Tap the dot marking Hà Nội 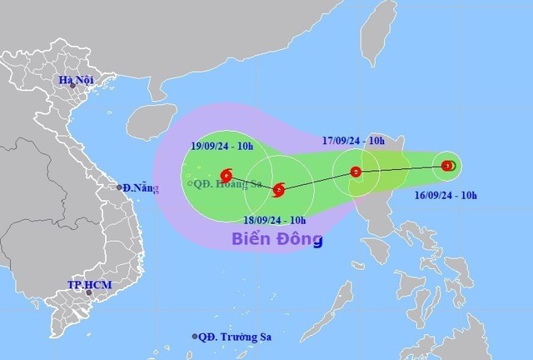tap(72, 86)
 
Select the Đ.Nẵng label tap(138, 187)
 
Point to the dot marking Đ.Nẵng tap(120, 187)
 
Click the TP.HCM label tap(89, 285)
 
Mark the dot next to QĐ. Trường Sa tap(195, 337)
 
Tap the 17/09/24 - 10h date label tap(354, 141)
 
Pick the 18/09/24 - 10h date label tap(274, 220)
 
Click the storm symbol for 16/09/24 tap(448, 166)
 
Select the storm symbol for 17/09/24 tap(356, 172)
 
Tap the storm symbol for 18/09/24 tap(278, 190)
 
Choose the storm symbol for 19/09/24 tap(227, 174)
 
